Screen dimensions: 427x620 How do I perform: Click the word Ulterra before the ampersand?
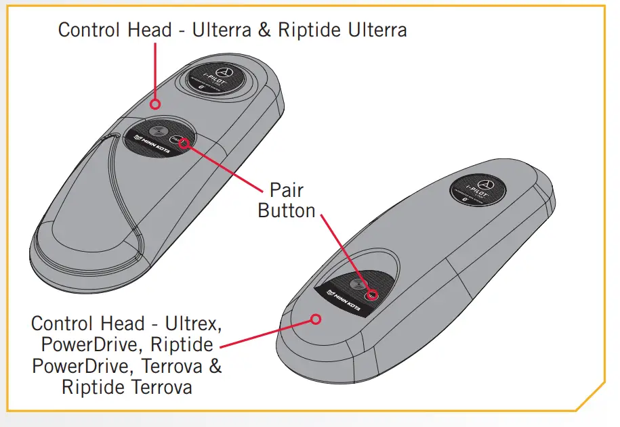217,30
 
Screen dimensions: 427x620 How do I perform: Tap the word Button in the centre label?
287,210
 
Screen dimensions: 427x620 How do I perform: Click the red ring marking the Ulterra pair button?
184,142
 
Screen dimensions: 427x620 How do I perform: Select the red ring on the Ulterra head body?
155,104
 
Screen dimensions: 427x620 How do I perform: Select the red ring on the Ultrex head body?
314,318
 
